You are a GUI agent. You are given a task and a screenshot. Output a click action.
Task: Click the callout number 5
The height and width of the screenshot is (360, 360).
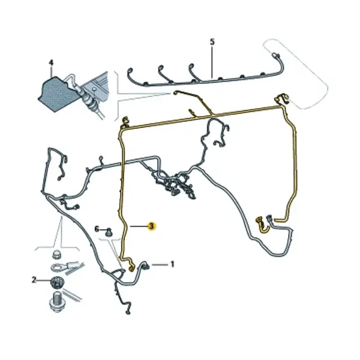coord(212,42)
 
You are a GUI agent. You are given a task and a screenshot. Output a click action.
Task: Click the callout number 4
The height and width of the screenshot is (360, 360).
coord(51,63)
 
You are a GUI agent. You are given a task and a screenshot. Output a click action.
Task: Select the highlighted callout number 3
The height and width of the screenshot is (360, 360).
coord(152,226)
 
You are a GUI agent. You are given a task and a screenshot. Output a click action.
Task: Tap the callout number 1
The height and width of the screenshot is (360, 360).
coord(172,264)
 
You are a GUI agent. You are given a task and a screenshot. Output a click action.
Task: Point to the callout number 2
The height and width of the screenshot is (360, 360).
coord(34,280)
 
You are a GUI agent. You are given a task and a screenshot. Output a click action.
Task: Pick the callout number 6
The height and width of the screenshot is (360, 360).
coord(97,229)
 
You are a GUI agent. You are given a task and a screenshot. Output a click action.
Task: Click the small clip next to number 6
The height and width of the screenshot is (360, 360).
coord(109,232)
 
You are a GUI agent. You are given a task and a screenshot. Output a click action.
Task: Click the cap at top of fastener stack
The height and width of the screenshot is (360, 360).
coord(56,254)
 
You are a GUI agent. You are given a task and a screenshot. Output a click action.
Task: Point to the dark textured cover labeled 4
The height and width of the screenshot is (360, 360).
coord(56,94)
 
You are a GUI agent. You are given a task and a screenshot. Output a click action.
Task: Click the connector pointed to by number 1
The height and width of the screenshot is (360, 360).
coord(146,266)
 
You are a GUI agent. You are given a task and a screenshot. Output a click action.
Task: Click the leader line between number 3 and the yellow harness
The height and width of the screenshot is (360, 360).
coord(139,226)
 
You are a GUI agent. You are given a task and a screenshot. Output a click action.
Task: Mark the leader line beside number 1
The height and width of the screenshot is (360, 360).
coord(160,265)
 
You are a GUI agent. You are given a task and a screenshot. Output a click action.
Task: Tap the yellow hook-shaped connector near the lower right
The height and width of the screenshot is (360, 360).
coord(262,225)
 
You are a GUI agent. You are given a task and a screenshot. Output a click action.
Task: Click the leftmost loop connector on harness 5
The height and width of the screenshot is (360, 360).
coord(130,70)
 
